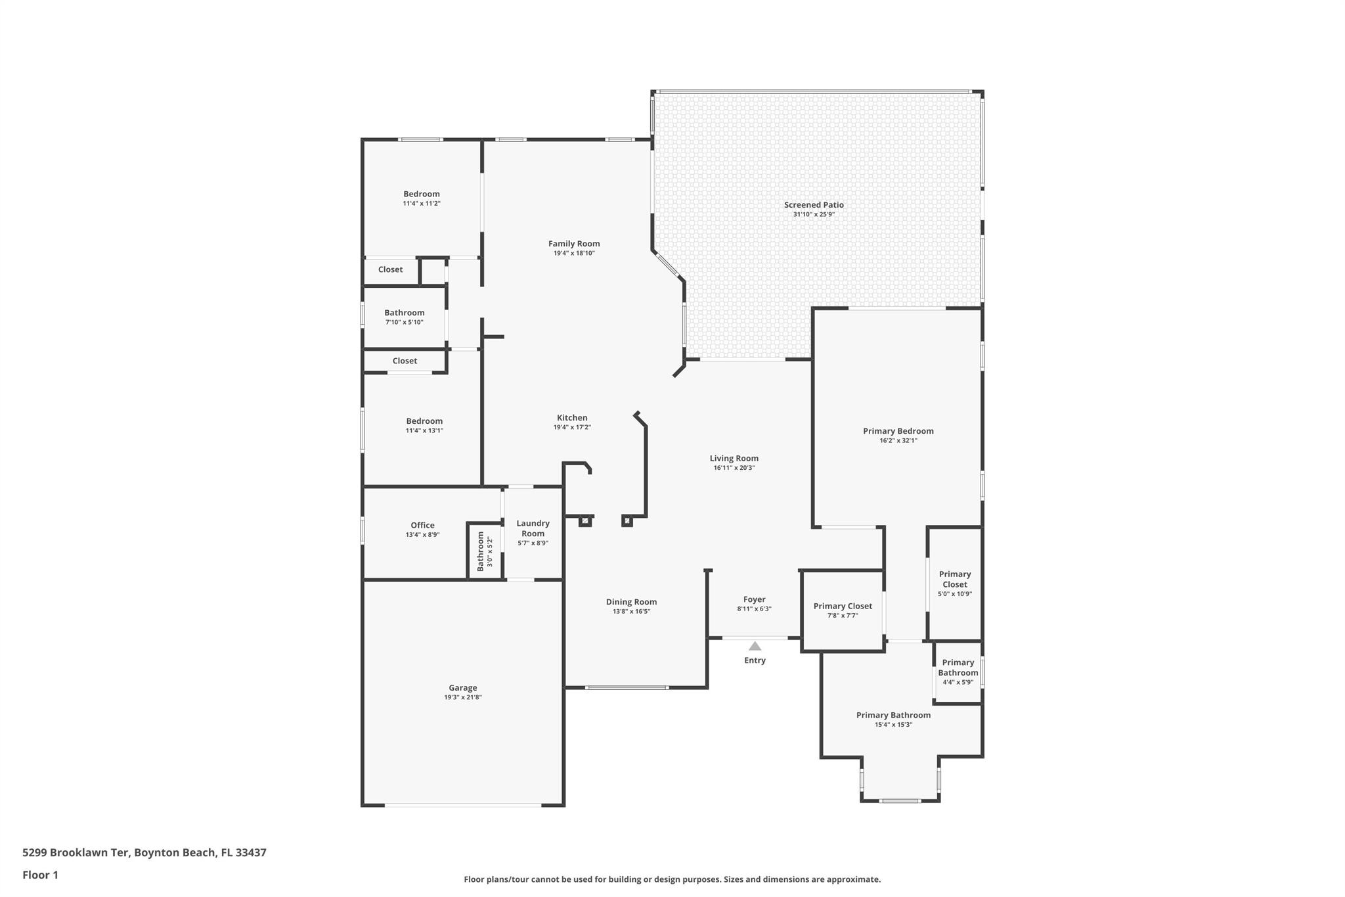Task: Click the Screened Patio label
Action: click(x=814, y=205)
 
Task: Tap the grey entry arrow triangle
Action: click(x=755, y=646)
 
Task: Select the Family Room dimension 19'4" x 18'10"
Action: click(x=574, y=253)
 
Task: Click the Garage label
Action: click(x=463, y=688)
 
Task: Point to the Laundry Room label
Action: click(x=533, y=528)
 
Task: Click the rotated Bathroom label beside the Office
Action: click(x=481, y=551)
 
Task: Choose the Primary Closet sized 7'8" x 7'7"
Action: click(x=843, y=607)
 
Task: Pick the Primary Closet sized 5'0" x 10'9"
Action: click(x=955, y=579)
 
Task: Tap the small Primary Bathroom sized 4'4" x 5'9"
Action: click(x=958, y=668)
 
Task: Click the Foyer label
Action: click(x=754, y=599)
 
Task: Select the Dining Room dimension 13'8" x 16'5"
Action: click(x=631, y=611)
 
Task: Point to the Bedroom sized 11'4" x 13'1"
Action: click(x=424, y=421)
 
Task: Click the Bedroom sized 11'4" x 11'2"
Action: click(x=422, y=194)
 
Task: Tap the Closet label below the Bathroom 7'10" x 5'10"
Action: click(x=405, y=361)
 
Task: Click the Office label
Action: click(x=422, y=525)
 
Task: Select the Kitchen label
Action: click(x=572, y=418)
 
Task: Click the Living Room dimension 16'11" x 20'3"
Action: click(x=734, y=468)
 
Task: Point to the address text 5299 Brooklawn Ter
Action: click(x=76, y=852)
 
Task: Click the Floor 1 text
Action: click(x=40, y=875)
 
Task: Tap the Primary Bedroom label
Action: click(x=898, y=431)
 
